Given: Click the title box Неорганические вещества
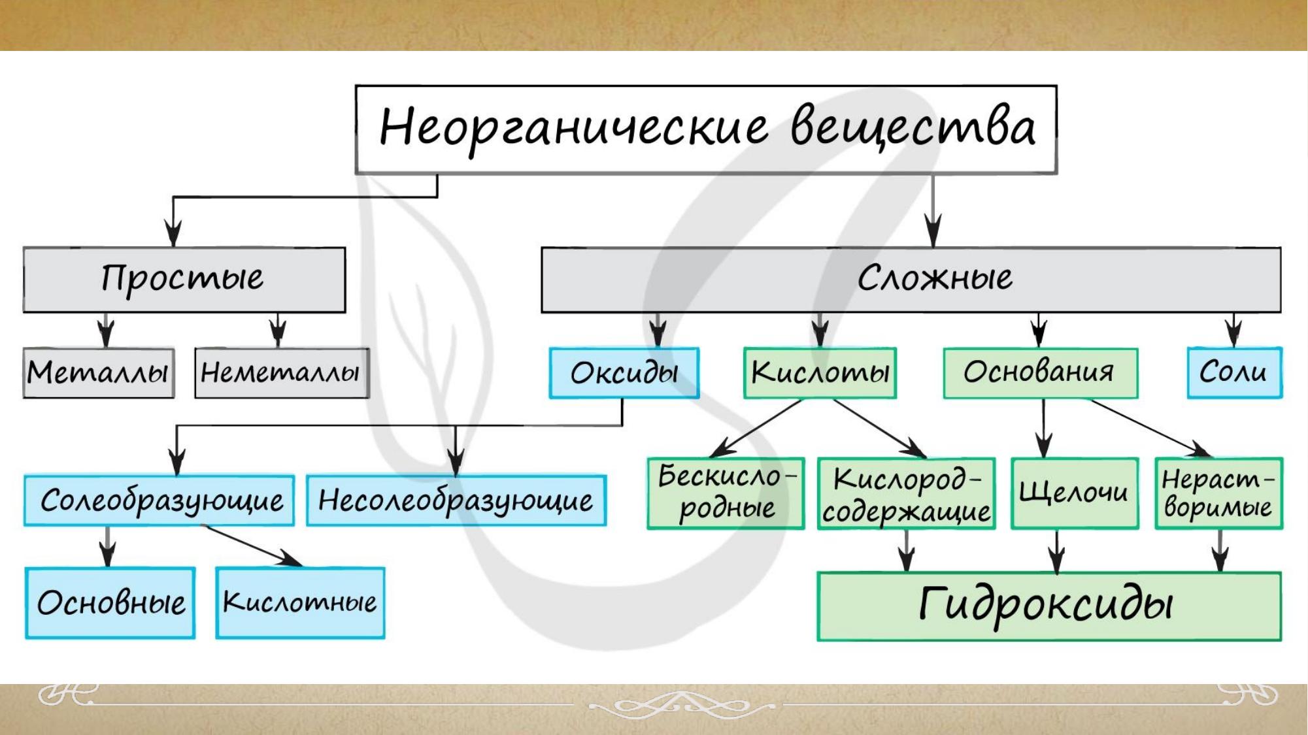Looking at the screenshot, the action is [x=706, y=129].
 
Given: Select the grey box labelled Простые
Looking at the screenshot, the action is [x=184, y=280].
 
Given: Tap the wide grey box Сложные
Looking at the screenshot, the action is [x=911, y=280].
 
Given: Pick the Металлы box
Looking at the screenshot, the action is [x=99, y=372].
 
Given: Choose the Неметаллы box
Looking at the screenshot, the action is [x=282, y=372].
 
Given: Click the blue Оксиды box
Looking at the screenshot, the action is [x=624, y=372].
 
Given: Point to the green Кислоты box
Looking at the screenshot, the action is [x=820, y=372].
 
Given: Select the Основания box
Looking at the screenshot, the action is [x=1040, y=372].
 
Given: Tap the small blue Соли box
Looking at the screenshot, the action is [x=1234, y=372].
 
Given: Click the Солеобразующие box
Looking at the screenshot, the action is [x=159, y=500].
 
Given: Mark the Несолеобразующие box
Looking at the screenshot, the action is [x=456, y=500].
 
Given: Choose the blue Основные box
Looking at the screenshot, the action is [x=110, y=602].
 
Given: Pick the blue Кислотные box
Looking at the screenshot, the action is [x=300, y=602].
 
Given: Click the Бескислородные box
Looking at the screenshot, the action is [x=726, y=493].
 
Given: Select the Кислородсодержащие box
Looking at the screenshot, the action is [x=906, y=493].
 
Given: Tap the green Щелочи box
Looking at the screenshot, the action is [x=1075, y=493].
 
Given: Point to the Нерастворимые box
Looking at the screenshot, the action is [x=1218, y=493].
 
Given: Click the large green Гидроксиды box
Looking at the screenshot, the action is [x=1048, y=606].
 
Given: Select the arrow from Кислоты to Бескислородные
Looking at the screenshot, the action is [x=756, y=428].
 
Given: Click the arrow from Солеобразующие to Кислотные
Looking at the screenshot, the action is [x=252, y=546].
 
